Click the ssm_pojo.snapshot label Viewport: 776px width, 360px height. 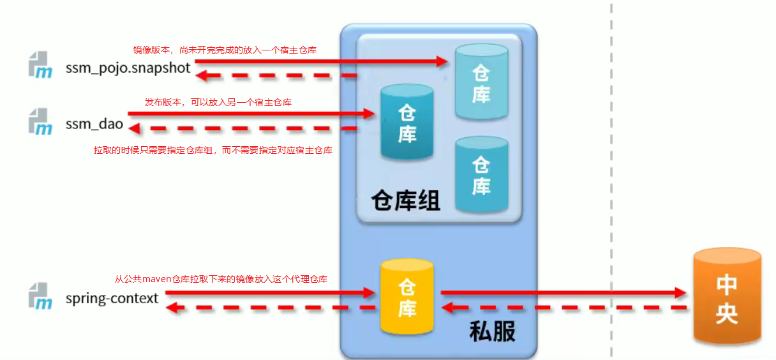click(128, 67)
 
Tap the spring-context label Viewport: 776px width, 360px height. click(112, 298)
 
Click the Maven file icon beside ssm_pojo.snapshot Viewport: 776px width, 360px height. click(40, 66)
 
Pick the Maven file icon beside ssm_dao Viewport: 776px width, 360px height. click(40, 122)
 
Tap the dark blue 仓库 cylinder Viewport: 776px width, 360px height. click(407, 123)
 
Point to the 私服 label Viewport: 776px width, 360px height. click(492, 331)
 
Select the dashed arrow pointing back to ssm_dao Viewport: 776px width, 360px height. click(243, 128)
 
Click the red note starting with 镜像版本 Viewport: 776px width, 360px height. click(225, 49)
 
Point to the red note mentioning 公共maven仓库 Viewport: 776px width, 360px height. click(221, 279)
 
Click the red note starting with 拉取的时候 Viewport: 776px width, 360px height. click(213, 151)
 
